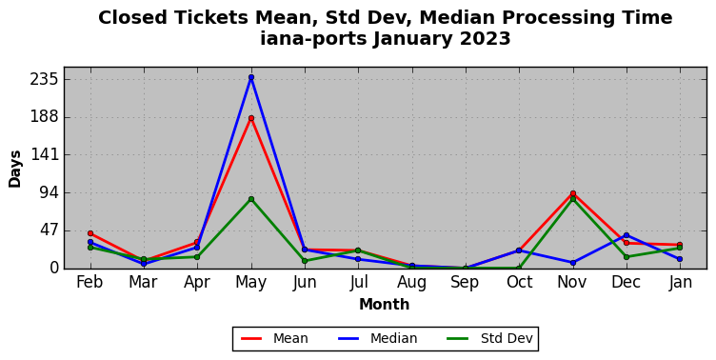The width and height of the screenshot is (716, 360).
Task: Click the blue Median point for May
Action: (x=251, y=78)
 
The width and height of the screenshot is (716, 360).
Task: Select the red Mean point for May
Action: (x=251, y=118)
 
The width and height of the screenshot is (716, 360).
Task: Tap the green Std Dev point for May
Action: (x=251, y=199)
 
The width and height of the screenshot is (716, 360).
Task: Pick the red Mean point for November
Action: (x=573, y=193)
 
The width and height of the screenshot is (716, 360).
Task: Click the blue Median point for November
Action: (x=573, y=263)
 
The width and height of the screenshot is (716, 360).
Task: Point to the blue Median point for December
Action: (x=626, y=235)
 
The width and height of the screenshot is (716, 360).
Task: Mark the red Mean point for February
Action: (x=90, y=233)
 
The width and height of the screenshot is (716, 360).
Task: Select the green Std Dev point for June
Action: (x=305, y=261)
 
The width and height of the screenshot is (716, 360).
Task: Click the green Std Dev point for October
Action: (x=519, y=269)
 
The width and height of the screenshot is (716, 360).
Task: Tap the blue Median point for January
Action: (x=680, y=259)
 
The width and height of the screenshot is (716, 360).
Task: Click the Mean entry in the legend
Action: (x=274, y=338)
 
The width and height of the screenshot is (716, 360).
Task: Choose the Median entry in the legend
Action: (x=377, y=338)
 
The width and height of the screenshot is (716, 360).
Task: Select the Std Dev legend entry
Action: (x=489, y=338)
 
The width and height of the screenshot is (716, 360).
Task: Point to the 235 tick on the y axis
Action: (x=45, y=79)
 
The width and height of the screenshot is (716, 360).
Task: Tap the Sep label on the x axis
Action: (x=465, y=282)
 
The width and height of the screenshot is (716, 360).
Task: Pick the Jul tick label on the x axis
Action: (x=358, y=282)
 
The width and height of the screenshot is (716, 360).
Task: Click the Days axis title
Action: (x=14, y=169)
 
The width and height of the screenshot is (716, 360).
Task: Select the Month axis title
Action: (x=384, y=304)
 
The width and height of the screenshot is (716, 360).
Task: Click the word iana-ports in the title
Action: (x=313, y=39)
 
